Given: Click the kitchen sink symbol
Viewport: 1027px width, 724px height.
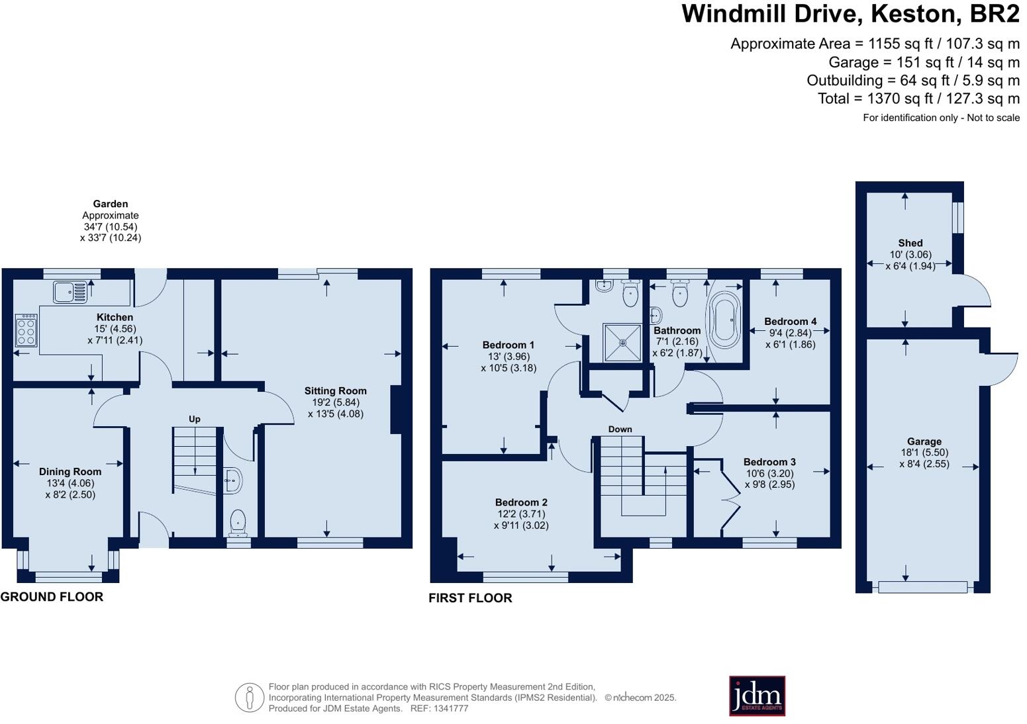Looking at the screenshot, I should (x=70, y=291).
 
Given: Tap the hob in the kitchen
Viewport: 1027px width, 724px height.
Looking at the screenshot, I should (x=26, y=330).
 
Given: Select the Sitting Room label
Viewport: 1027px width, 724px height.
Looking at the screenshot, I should (x=335, y=390).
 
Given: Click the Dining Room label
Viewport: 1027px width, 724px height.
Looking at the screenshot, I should (x=70, y=471).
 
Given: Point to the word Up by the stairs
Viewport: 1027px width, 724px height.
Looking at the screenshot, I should (x=195, y=419).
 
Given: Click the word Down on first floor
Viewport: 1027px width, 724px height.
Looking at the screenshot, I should (x=620, y=429).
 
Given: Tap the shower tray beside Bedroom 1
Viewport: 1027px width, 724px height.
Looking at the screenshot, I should (x=622, y=342).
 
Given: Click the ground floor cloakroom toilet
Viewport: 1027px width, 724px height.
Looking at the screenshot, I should (x=238, y=523).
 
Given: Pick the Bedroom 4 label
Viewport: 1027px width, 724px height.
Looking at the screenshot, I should (x=790, y=321).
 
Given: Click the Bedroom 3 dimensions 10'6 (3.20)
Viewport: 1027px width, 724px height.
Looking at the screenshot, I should (x=769, y=473).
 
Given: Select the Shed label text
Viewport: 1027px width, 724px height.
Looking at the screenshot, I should (x=910, y=243).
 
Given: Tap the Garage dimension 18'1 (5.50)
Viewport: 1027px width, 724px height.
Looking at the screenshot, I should (x=924, y=453).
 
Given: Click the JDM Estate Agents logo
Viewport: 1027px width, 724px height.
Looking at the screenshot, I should (x=757, y=696).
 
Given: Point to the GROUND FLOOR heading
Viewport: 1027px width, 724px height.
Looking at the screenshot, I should (x=52, y=596).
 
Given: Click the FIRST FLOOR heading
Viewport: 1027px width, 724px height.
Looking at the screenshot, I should (x=470, y=598).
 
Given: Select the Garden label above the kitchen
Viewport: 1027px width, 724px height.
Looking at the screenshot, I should (x=110, y=204).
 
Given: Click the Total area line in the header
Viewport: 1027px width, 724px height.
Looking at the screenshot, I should (x=918, y=99).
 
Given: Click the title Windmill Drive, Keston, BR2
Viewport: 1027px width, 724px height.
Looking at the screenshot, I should (x=850, y=13).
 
